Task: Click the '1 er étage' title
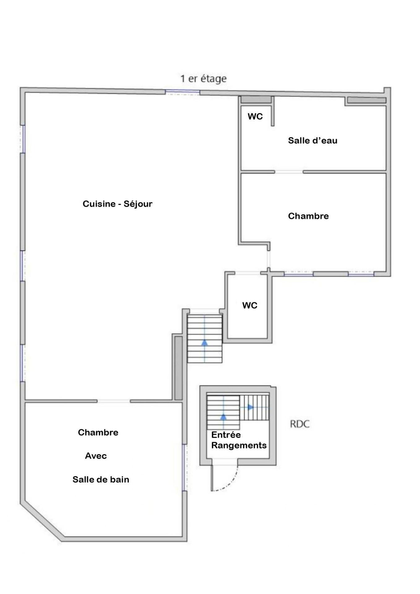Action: click(203, 79)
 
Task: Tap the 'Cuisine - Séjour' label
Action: click(118, 204)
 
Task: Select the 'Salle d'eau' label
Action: click(312, 140)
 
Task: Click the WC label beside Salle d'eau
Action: click(255, 116)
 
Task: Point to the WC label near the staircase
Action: click(250, 305)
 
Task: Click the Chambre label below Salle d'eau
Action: click(308, 216)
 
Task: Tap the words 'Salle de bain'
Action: click(101, 480)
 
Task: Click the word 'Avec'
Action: click(96, 456)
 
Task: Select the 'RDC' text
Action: click(299, 424)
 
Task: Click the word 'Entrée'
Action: click(226, 435)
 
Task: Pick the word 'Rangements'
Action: click(239, 445)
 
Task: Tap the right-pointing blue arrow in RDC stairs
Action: click(251, 407)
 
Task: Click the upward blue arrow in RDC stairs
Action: click(223, 416)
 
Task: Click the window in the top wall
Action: click(182, 92)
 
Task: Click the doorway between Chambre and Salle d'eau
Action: click(289, 172)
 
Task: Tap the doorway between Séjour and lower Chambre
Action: click(114, 401)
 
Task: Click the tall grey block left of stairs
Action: click(178, 368)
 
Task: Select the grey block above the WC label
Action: click(256, 100)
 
